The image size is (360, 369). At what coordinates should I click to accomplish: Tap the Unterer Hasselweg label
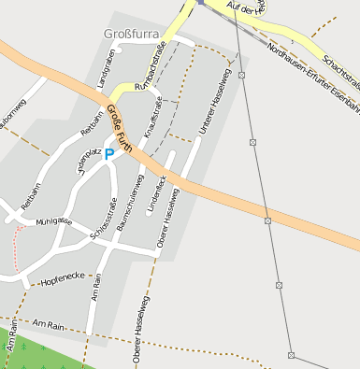pos(214,103)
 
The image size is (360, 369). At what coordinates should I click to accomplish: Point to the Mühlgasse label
pos(53,221)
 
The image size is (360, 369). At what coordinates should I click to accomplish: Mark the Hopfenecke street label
pos(64,277)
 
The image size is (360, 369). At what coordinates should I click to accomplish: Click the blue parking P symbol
pos(108,154)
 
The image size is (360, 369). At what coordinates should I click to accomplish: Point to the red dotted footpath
pos(17,245)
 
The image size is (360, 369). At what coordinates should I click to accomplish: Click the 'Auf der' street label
pos(248,7)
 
